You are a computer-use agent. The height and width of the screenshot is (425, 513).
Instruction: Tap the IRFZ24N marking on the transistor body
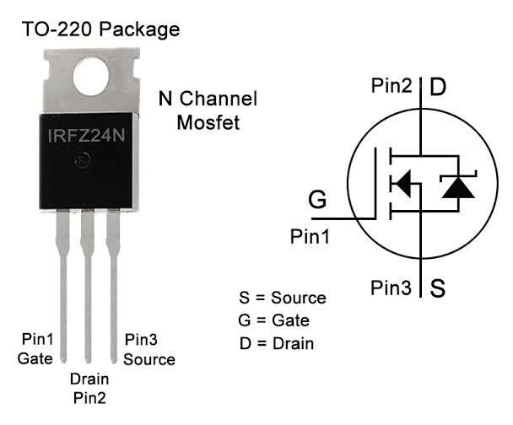pyautogui.click(x=86, y=136)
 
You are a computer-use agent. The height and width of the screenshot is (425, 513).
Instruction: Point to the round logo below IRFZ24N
pyautogui.click(x=82, y=160)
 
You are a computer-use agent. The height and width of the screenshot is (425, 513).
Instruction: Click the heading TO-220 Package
pyautogui.click(x=100, y=30)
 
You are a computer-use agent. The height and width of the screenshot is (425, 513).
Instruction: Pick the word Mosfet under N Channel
pyautogui.click(x=208, y=122)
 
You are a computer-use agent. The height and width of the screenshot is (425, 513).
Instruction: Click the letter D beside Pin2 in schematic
pyautogui.click(x=438, y=87)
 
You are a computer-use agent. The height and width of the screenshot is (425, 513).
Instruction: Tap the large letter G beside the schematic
pyautogui.click(x=317, y=199)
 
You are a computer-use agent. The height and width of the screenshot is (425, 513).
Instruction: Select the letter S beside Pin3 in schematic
pyautogui.click(x=437, y=288)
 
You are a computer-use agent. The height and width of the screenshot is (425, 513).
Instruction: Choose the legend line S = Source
pyautogui.click(x=283, y=298)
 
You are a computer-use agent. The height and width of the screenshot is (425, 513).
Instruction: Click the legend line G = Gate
pyautogui.click(x=274, y=320)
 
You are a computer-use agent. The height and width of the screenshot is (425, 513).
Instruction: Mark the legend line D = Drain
pyautogui.click(x=277, y=343)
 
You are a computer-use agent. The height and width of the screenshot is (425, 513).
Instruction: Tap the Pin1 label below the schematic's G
pyautogui.click(x=310, y=236)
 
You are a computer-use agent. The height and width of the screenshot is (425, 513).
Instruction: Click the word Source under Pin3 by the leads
pyautogui.click(x=149, y=359)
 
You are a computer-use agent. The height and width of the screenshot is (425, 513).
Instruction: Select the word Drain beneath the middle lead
pyautogui.click(x=89, y=379)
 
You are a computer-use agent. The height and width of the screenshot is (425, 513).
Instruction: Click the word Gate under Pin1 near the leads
pyautogui.click(x=35, y=358)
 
